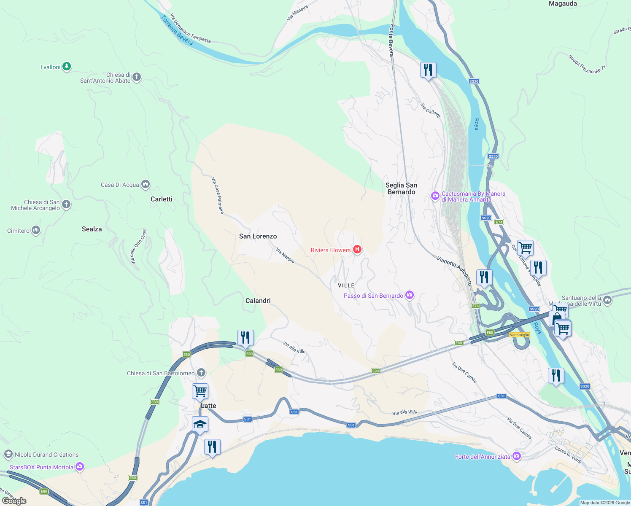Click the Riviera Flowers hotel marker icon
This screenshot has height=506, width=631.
click(357, 250)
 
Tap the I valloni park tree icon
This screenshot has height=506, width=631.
click(67, 67)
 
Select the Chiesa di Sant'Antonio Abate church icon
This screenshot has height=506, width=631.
click(136, 77)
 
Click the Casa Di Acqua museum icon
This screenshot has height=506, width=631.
click(146, 184)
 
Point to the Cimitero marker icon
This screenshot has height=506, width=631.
click(36, 230)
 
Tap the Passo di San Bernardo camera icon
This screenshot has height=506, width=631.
click(409, 295)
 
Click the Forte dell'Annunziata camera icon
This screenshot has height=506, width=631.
click(517, 456)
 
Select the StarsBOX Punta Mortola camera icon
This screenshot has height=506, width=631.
click(80, 467)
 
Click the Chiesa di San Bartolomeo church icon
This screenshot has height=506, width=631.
click(201, 373)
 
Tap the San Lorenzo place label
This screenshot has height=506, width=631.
click(258, 236)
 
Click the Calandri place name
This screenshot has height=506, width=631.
click(258, 301)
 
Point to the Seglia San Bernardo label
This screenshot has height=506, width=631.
click(401, 188)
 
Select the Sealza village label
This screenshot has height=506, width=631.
click(92, 229)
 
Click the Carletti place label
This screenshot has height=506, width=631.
click(161, 199)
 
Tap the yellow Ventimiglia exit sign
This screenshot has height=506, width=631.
click(519, 335)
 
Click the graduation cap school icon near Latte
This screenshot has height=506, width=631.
click(200, 424)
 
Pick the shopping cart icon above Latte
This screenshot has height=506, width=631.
click(200, 390)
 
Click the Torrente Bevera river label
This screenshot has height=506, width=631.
click(177, 30)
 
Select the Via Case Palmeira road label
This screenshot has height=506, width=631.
click(218, 195)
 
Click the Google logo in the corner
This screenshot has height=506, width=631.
click(14, 501)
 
